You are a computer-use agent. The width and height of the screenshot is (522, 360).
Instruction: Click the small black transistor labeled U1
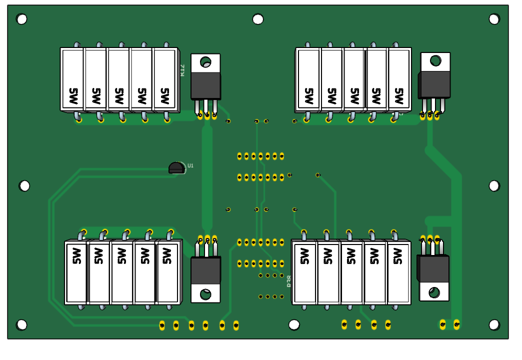click(x=176, y=167)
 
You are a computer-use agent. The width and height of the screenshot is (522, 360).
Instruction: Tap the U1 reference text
click(x=190, y=165)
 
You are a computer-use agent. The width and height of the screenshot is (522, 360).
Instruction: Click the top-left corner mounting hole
click(x=21, y=19)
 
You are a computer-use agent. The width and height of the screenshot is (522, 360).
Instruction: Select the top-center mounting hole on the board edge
click(x=258, y=19)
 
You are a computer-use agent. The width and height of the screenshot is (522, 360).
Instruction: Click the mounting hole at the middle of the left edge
click(x=24, y=185)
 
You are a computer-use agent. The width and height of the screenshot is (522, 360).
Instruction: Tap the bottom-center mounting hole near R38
click(x=294, y=325)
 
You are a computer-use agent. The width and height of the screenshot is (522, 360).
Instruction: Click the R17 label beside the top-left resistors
click(x=182, y=70)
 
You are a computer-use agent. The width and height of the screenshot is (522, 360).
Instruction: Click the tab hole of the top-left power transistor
click(x=205, y=62)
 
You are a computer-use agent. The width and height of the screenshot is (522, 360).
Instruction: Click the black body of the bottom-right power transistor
click(x=433, y=269)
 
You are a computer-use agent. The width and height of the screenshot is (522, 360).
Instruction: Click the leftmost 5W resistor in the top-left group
click(x=72, y=79)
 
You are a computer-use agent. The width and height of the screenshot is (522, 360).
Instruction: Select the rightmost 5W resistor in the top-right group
click(x=399, y=79)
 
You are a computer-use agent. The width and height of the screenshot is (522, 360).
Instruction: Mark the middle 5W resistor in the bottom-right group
click(x=351, y=272)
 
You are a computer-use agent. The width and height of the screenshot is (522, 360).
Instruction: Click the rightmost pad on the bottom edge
click(x=456, y=324)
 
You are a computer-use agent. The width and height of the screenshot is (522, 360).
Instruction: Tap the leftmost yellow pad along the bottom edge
click(x=161, y=325)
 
